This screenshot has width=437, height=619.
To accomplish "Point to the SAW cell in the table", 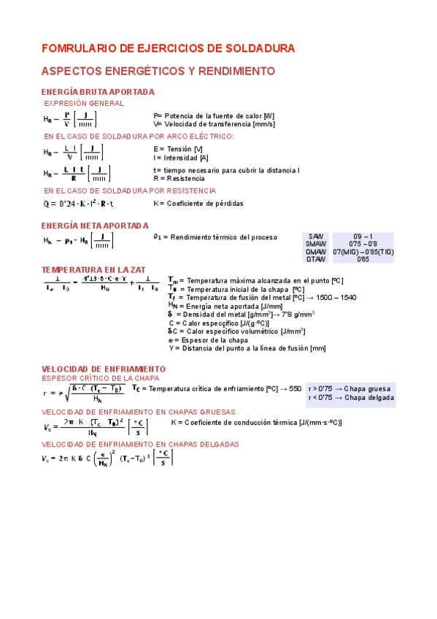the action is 316,237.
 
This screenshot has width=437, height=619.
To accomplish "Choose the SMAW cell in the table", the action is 316,245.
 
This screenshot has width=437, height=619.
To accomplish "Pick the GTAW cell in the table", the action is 316,259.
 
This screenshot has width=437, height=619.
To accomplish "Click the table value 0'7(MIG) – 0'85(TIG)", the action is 363,252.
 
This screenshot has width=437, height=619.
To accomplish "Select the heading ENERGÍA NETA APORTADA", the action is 95,226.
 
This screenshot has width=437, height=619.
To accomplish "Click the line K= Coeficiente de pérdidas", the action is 198,204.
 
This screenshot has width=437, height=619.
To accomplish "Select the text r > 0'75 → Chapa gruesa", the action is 350,389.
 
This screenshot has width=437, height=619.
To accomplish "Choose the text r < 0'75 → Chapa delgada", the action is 351,398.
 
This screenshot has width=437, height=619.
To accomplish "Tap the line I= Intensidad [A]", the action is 181,158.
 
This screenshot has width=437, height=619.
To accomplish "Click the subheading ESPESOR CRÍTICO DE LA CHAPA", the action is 101,379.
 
